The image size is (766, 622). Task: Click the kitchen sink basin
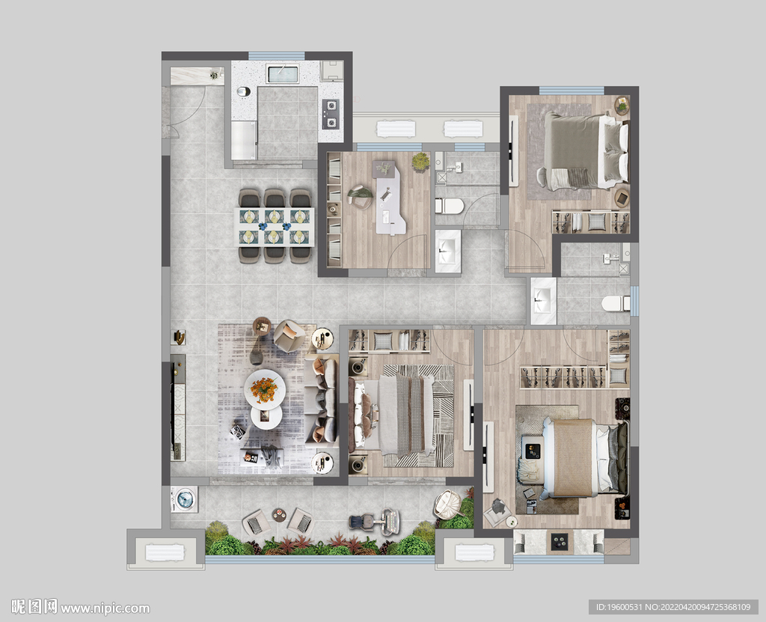(x=282, y=74)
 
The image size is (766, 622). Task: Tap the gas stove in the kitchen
(x=331, y=114)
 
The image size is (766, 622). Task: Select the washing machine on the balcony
(x=184, y=499)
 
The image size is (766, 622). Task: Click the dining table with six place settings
(x=275, y=227)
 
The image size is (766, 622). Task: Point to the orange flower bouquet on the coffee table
(x=264, y=389)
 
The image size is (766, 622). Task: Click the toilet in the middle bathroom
(x=450, y=207)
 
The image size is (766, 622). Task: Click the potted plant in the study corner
(x=420, y=162)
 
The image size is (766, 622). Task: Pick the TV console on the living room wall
(x=178, y=407)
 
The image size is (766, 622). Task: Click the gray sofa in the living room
(x=322, y=401)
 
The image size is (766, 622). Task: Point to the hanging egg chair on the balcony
(x=447, y=504)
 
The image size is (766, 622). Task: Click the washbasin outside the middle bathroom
(x=448, y=251)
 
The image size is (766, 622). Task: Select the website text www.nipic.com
(x=105, y=609)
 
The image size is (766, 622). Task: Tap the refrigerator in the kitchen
(x=244, y=140)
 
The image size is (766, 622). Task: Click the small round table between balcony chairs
(x=278, y=515)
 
